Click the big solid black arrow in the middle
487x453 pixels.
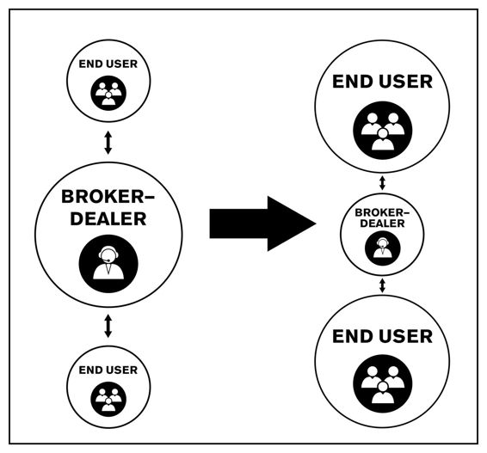(262, 223)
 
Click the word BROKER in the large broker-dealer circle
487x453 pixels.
(102, 197)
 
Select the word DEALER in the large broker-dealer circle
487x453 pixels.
(108, 218)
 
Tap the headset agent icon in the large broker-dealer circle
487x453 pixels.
(108, 264)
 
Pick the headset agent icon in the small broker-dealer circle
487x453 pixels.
(382, 248)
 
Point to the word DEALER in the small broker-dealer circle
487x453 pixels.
(382, 223)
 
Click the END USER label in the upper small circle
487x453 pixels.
(108, 64)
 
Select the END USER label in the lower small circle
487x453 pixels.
(108, 370)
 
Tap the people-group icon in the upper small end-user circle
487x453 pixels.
(108, 93)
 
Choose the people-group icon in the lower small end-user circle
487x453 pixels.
(108, 399)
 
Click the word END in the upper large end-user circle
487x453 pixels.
(353, 82)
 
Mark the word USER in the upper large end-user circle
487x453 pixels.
(405, 82)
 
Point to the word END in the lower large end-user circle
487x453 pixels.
(353, 336)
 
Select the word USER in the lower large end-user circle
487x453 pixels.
(405, 336)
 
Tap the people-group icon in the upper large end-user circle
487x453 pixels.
(383, 131)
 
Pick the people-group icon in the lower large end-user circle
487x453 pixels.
(383, 384)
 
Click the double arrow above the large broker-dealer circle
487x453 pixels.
(108, 143)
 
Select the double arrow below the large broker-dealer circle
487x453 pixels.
(108, 326)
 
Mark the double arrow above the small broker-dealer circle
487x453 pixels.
(382, 183)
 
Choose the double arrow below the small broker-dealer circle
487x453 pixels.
(382, 285)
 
